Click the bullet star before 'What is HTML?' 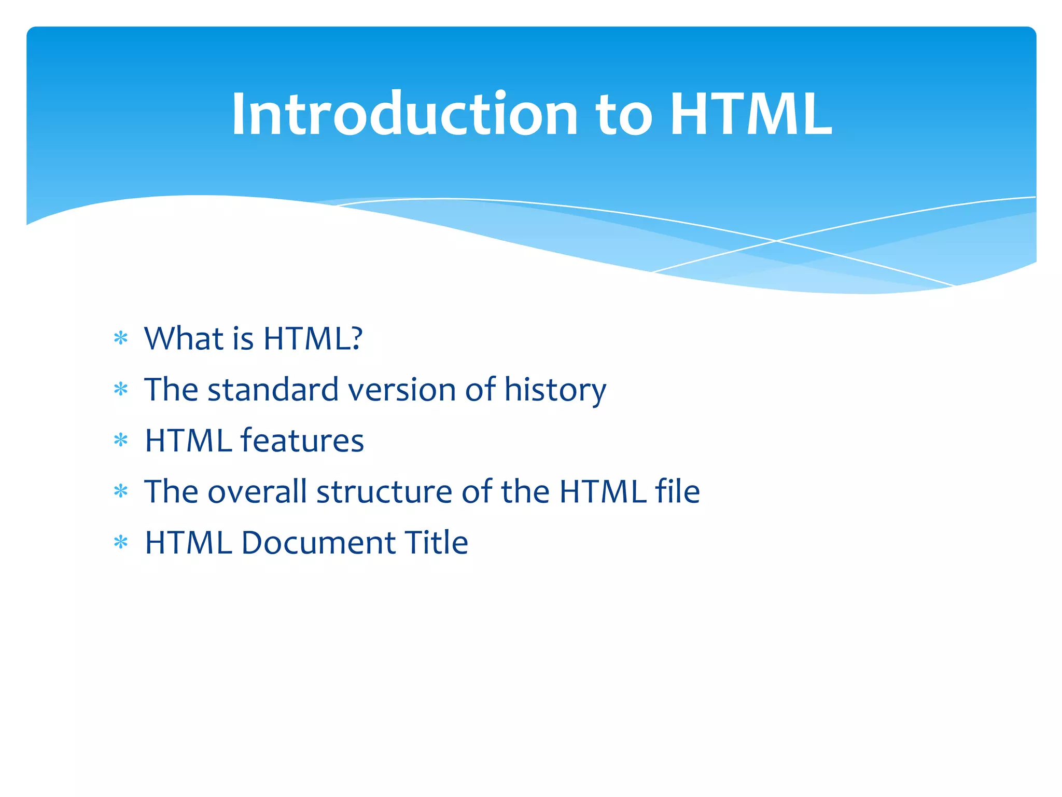pos(121,339)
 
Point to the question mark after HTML pos(356,338)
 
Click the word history pos(555,391)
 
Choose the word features pos(302,441)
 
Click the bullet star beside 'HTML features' pos(121,441)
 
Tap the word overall pos(257,491)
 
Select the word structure pos(384,492)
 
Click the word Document pos(318,543)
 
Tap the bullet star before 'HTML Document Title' pos(121,543)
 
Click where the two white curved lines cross pos(776,241)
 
